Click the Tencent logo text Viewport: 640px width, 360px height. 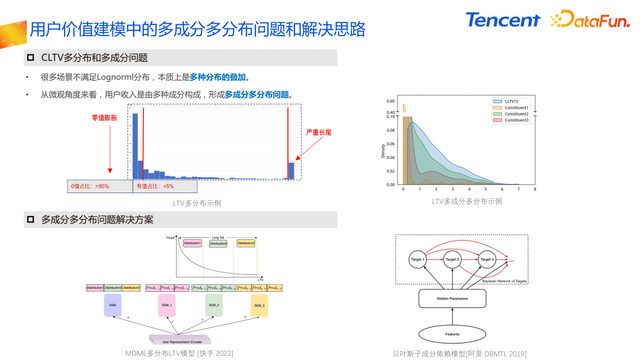[502, 19]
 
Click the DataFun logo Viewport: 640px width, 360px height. [587, 19]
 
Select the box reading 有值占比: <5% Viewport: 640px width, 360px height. [156, 186]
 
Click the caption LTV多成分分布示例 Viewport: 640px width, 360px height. [466, 201]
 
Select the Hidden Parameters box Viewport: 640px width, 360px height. [453, 297]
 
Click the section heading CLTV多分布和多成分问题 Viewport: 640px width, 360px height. [95, 58]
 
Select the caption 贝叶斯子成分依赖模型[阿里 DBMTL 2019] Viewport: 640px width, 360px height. [459, 352]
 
